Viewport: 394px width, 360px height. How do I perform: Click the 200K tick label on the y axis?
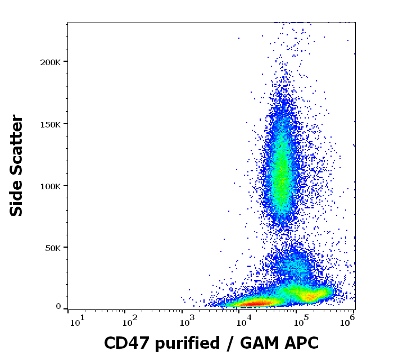(50, 61)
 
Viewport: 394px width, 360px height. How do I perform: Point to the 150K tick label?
(50, 124)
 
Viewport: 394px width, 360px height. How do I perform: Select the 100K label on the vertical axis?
(50, 185)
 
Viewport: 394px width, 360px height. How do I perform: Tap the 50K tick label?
(52, 247)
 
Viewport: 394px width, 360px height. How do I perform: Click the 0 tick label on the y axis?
(58, 307)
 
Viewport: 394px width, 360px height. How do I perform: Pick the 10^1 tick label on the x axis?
(76, 322)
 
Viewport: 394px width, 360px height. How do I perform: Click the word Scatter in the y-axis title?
(17, 143)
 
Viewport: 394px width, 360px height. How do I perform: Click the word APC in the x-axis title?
(299, 343)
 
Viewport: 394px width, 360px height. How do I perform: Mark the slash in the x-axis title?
(230, 343)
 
